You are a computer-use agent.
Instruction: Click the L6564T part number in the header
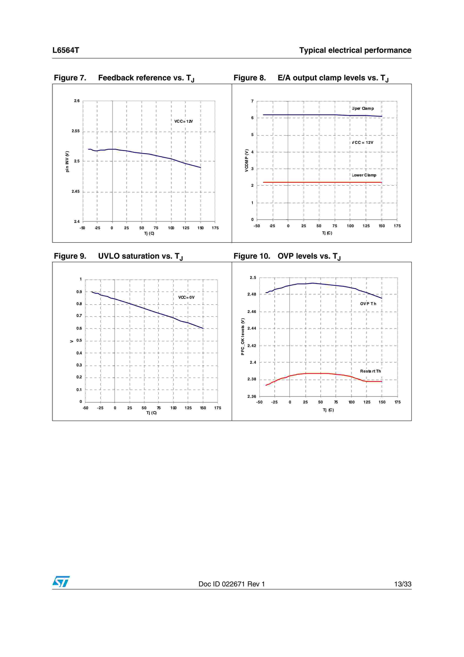point(66,50)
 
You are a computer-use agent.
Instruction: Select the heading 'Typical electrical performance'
point(355,50)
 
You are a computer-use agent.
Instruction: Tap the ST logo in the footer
point(61,582)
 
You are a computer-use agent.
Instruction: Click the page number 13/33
point(403,584)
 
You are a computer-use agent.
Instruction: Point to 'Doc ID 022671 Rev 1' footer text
point(232,584)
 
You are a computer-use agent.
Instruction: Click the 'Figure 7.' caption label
point(70,78)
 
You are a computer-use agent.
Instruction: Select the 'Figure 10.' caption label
point(252,256)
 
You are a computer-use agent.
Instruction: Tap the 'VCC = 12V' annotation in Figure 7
point(184,121)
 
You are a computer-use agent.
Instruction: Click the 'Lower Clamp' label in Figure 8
point(364,175)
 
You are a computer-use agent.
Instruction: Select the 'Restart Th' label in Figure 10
point(370,371)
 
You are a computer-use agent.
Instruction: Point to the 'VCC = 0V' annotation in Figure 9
point(186,297)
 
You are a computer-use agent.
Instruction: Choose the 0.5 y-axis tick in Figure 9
point(79,340)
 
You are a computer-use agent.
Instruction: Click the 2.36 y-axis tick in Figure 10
point(252,396)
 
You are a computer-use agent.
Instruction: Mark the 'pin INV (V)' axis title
point(67,161)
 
